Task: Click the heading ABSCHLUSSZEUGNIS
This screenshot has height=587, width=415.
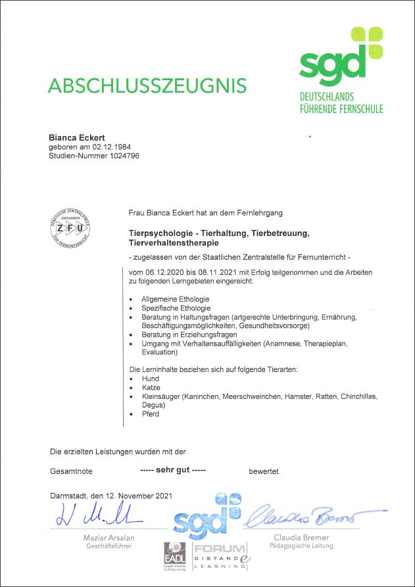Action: point(147,85)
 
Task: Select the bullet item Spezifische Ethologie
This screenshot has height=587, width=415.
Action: point(176,308)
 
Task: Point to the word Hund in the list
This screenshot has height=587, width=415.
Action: point(150,379)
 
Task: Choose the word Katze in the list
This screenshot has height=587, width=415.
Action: point(151,388)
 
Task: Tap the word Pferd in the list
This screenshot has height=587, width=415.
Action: point(150,414)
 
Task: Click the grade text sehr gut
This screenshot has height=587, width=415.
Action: point(173,470)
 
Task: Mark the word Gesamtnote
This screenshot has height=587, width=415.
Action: point(71,471)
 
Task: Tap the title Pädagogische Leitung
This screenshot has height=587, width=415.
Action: point(303,546)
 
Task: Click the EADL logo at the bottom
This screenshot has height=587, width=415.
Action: point(176,557)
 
